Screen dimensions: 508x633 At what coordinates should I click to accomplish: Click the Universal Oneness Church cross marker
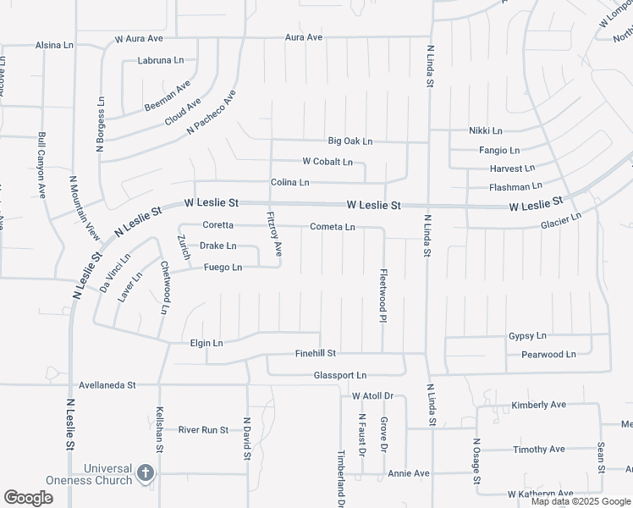(145, 472)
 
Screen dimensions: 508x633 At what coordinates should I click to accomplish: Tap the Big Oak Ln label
(350, 141)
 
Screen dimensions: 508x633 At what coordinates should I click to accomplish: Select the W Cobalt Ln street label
(328, 162)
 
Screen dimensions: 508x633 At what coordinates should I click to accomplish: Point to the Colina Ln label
(290, 183)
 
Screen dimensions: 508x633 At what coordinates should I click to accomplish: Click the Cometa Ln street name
(333, 227)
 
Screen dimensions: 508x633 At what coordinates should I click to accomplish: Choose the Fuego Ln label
(223, 268)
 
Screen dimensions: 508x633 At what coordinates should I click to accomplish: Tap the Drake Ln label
(217, 246)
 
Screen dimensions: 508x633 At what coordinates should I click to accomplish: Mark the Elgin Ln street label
(206, 343)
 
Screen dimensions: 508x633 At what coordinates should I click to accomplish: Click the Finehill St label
(316, 353)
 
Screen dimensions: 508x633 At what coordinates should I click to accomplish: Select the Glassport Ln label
(340, 375)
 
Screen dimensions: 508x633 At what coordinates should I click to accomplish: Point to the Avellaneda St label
(107, 385)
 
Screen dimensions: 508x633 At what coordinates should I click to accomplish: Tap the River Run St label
(203, 430)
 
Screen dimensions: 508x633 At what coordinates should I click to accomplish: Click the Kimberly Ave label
(538, 406)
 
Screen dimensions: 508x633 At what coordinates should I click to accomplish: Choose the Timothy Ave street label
(538, 450)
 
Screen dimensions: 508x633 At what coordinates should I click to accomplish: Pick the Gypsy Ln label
(527, 336)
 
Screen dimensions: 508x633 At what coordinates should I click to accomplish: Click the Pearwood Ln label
(548, 355)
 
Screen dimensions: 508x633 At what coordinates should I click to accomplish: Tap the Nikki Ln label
(486, 131)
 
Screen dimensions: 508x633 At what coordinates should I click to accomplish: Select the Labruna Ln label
(161, 61)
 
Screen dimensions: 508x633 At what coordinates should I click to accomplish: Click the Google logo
(28, 498)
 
